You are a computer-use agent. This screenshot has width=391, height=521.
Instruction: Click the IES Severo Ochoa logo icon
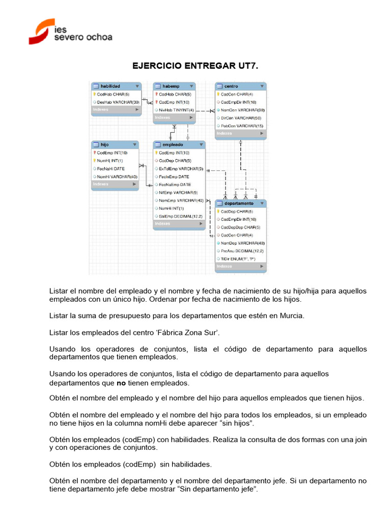(41, 31)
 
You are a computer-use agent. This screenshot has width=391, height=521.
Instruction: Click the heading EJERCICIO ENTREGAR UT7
(196, 66)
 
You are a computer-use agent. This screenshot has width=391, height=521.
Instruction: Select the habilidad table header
(115, 86)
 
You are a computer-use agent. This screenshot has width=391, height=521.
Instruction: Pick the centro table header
(240, 86)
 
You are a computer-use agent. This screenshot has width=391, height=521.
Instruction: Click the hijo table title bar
(115, 144)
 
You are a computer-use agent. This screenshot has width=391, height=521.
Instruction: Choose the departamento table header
(240, 204)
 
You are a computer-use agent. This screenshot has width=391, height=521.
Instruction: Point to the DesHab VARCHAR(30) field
(118, 102)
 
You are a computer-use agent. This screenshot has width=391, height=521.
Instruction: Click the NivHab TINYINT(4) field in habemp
(176, 110)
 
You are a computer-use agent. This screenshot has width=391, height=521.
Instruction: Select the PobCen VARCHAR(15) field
(242, 126)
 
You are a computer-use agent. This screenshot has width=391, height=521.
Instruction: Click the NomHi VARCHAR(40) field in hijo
(117, 177)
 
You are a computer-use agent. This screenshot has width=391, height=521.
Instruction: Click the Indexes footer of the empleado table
(179, 224)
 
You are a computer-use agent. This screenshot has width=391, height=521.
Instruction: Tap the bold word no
(121, 383)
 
